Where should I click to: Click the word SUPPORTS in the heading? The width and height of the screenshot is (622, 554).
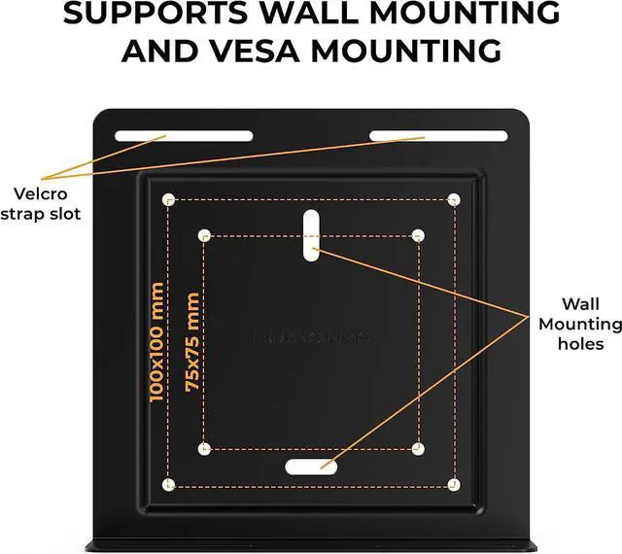(146, 15)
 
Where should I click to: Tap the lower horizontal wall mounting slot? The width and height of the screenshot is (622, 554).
(312, 467)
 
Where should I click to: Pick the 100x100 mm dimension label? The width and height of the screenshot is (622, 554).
(157, 343)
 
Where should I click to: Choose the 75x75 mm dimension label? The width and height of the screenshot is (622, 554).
(192, 343)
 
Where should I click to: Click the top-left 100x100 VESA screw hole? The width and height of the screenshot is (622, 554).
(169, 200)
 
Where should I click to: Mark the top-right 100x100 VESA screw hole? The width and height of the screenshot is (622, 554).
(454, 199)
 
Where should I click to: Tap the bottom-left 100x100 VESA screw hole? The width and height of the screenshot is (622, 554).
(169, 484)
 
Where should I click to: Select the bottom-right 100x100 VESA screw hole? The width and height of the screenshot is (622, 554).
(454, 483)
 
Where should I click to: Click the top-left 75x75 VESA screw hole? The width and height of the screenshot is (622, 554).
(205, 235)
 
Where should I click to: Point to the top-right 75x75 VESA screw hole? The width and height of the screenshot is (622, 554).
(418, 235)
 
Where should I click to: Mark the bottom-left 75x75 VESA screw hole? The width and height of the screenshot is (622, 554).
(205, 448)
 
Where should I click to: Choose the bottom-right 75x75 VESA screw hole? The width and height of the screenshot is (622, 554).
(418, 448)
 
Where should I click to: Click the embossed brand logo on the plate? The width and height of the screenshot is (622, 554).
(312, 337)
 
